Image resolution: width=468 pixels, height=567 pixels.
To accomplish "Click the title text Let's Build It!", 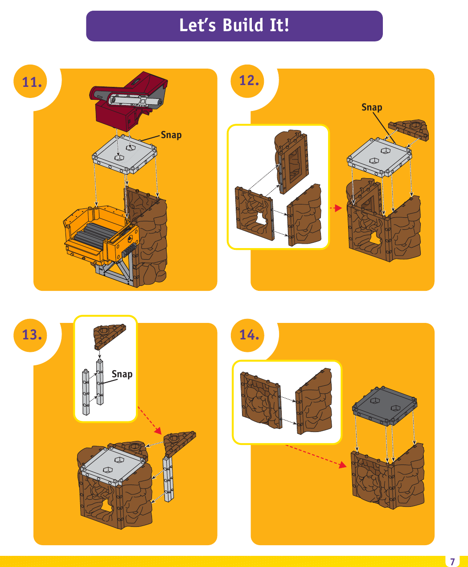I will (234, 26).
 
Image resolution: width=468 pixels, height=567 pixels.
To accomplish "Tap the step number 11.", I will (32, 82).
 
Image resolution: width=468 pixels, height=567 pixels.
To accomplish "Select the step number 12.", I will (249, 81).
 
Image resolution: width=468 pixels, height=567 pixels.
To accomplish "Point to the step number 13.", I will (32, 334).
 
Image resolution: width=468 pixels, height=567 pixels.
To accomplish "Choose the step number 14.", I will (249, 334).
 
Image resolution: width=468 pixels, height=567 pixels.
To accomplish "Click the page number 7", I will (452, 561).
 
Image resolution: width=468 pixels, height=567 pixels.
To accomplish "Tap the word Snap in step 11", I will (171, 135).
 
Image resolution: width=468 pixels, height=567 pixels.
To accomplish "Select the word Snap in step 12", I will (372, 107).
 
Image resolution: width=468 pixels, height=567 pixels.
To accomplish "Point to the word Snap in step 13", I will (122, 374).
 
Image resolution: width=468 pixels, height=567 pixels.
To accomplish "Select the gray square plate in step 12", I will (379, 157).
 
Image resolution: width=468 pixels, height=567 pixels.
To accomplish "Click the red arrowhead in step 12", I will (339, 208).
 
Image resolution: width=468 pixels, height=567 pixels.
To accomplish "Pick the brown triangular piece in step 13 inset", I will (109, 335).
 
